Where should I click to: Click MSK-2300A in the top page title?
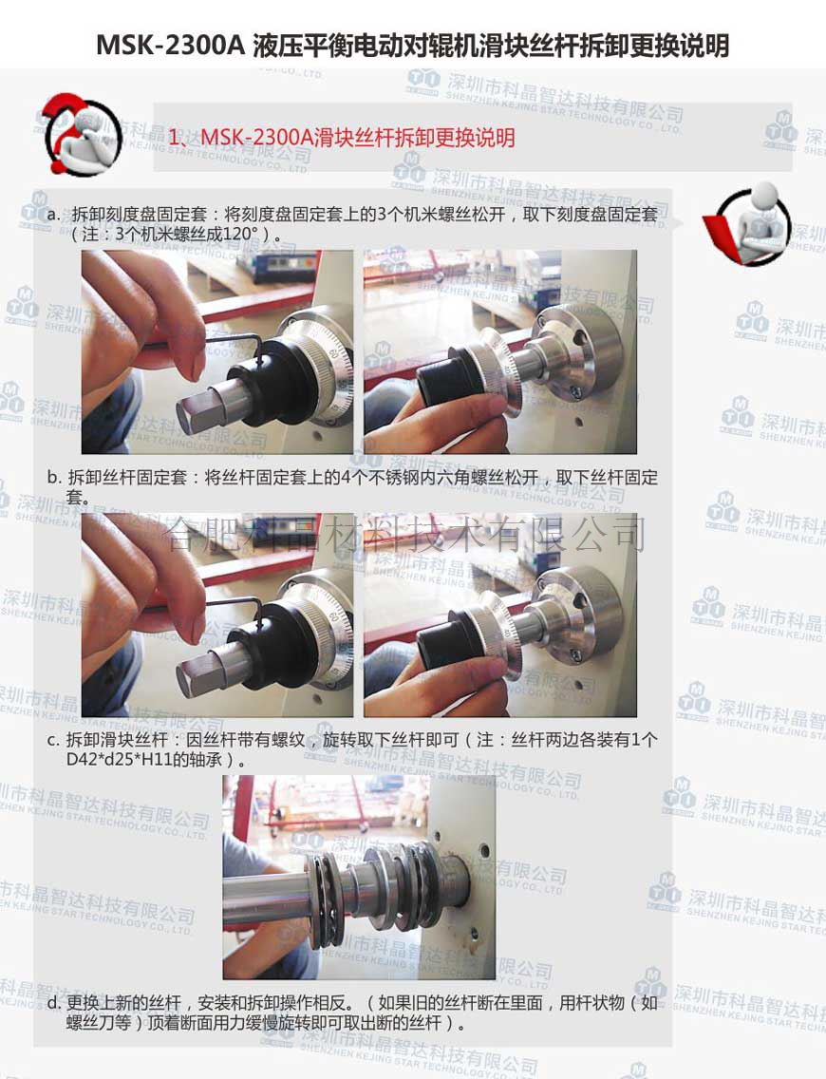[x=171, y=46]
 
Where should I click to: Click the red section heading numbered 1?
[x=342, y=138]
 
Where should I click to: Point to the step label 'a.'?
[x=54, y=214]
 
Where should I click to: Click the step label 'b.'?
[x=54, y=477]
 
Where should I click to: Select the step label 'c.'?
[x=54, y=741]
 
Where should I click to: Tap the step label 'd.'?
[x=54, y=1003]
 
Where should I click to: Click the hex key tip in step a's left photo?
[x=262, y=358]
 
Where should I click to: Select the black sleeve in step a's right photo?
[x=441, y=381]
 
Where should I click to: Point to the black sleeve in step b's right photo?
[x=441, y=643]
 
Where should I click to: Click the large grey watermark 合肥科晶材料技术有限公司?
[x=405, y=534]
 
